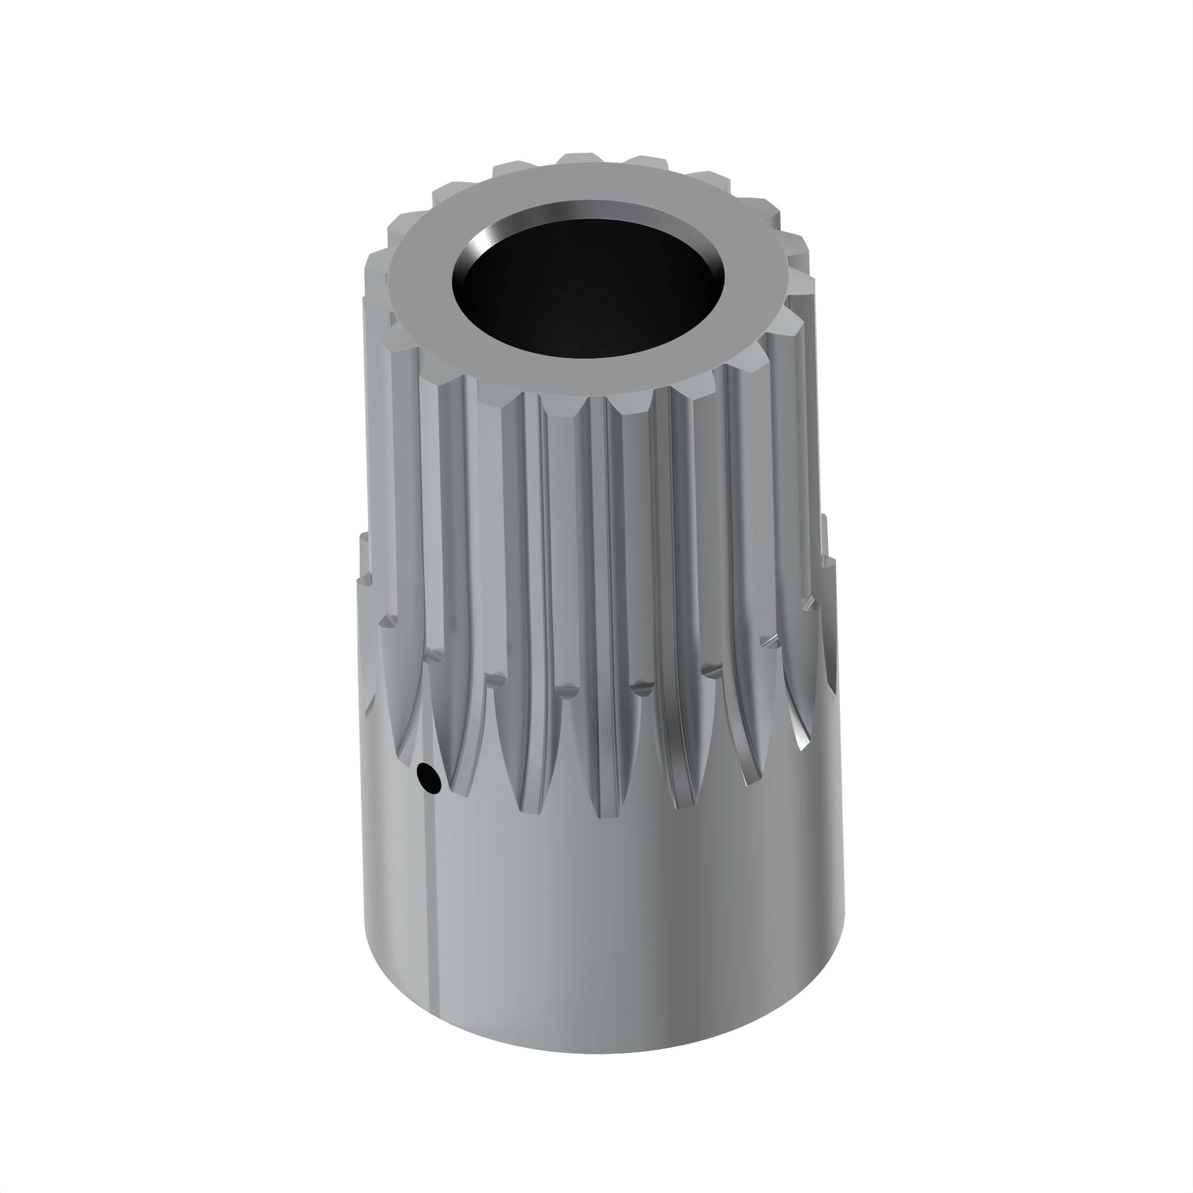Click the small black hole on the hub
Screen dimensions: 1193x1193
coord(428,777)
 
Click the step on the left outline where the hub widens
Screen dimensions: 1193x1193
coord(361,577)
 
